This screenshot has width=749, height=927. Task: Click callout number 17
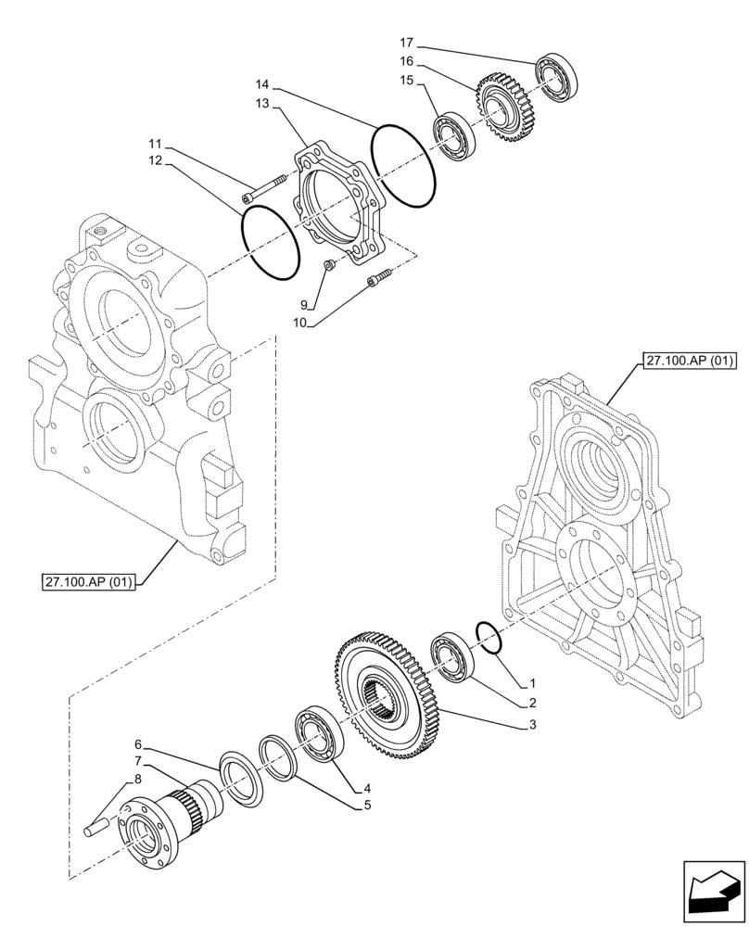405,43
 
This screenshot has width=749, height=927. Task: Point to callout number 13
262,104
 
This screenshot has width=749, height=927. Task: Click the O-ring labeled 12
270,243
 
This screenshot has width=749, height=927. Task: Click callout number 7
137,761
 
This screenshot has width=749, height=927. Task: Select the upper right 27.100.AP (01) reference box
683,360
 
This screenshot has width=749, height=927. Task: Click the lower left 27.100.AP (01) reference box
89,582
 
